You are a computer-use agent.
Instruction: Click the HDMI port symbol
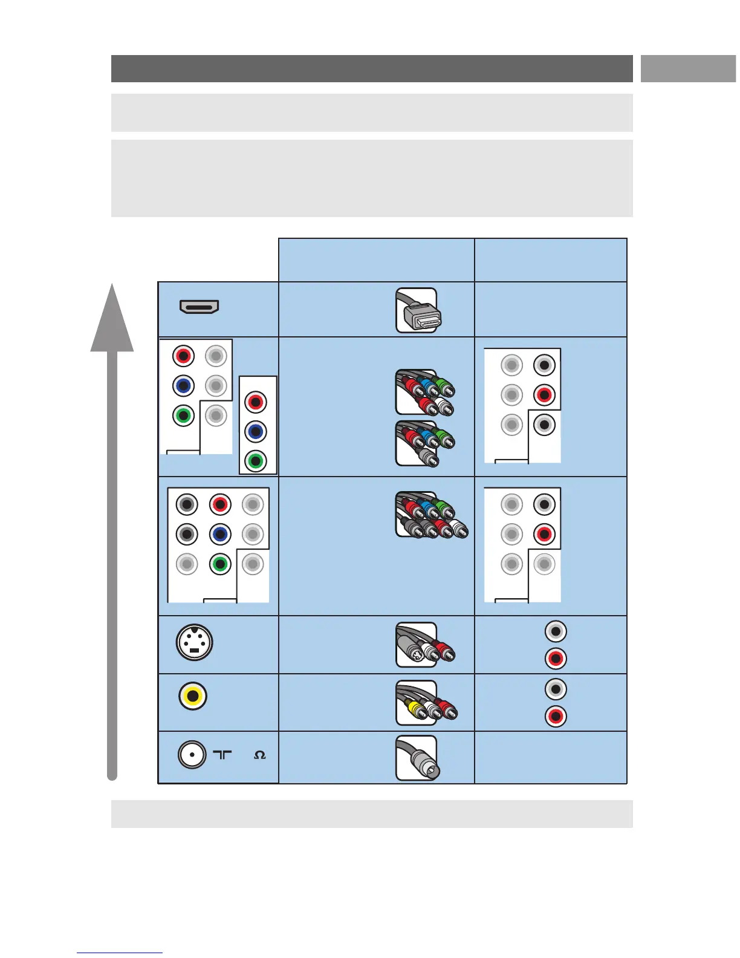tap(199, 307)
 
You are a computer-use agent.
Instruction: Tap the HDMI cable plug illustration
tap(417, 310)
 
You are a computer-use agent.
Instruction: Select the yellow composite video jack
tap(193, 696)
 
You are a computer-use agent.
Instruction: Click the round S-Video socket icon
tap(194, 642)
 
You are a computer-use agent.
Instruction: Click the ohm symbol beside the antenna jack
tap(260, 755)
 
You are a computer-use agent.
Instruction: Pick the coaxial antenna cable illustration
tap(417, 758)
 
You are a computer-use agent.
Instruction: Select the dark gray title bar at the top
tap(371, 68)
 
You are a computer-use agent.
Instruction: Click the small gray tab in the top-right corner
tap(688, 68)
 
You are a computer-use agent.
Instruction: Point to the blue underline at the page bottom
tap(120, 953)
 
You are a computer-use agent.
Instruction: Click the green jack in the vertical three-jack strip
tap(256, 461)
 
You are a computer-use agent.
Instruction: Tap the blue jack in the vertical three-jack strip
tap(256, 431)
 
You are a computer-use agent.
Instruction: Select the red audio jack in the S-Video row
tap(556, 659)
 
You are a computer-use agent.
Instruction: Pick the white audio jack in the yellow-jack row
tap(556, 689)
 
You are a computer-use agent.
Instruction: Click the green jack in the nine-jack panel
tap(220, 564)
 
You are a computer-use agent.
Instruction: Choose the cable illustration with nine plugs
tap(430, 515)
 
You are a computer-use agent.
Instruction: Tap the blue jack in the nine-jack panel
tap(220, 534)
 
